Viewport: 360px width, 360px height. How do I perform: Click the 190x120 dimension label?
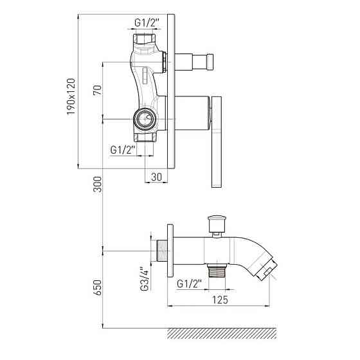(71, 96)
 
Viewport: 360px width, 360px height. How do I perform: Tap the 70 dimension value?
(97, 90)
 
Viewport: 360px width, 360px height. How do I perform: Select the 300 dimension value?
(97, 184)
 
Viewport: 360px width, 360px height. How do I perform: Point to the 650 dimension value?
(97, 287)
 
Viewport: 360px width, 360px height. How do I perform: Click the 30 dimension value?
(157, 177)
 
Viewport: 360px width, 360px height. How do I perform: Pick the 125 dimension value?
(220, 300)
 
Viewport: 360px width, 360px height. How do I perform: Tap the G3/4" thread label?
(145, 279)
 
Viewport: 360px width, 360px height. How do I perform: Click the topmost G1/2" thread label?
(147, 23)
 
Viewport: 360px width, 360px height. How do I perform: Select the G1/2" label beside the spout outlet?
(189, 284)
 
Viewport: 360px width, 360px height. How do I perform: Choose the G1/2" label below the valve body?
(122, 150)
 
